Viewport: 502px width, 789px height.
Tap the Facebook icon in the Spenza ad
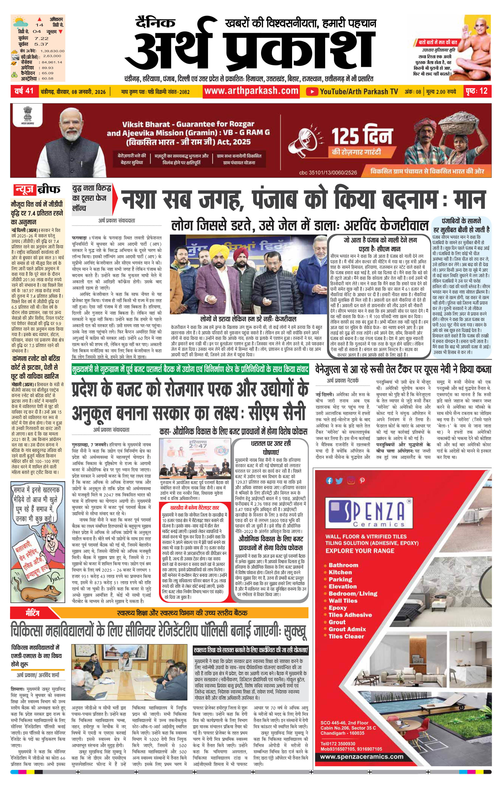pos(329,481)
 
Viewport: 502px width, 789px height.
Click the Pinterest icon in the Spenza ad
pos(362,481)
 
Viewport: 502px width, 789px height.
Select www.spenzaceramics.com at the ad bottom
pos(362,757)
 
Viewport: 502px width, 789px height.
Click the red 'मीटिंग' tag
pos(32,612)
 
